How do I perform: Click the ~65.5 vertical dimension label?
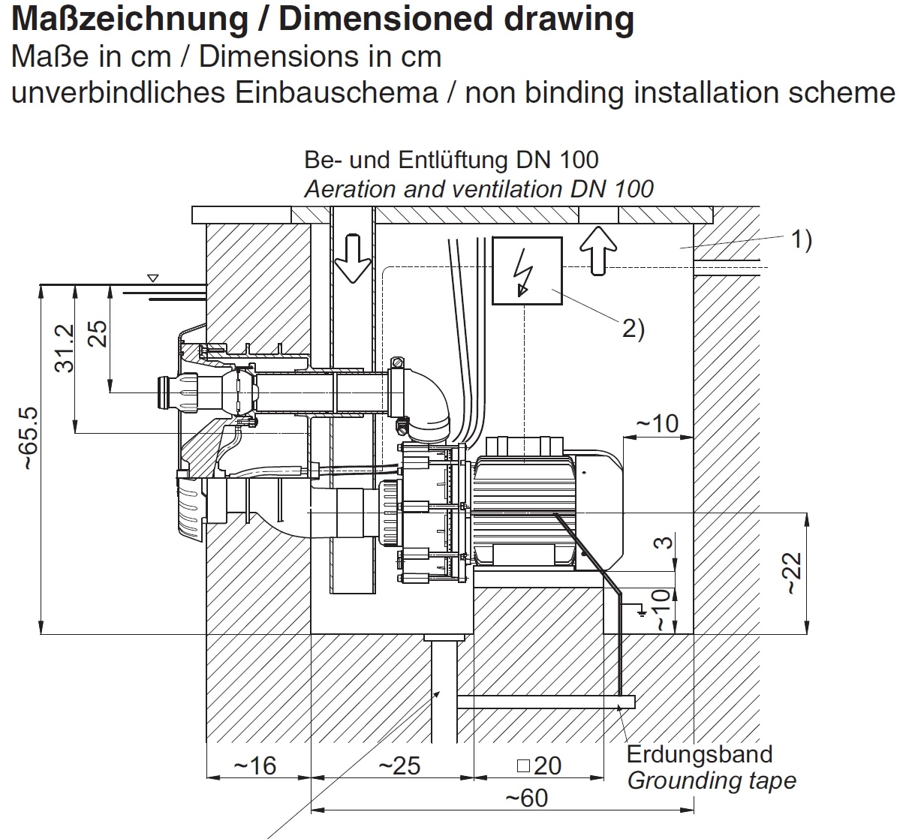pos(28,439)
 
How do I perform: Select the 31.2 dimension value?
pos(65,347)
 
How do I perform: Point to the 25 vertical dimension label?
pos(98,333)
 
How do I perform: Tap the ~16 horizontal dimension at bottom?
pos(255,765)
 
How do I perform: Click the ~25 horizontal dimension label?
pos(399,765)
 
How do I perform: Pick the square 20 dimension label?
pos(540,765)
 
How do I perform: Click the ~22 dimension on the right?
pos(793,573)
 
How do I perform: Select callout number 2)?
pos(633,328)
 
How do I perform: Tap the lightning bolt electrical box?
pos(527,271)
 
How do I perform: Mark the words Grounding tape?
pos(711,780)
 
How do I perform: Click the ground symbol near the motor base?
pos(641,611)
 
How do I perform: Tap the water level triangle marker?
pos(153,278)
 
